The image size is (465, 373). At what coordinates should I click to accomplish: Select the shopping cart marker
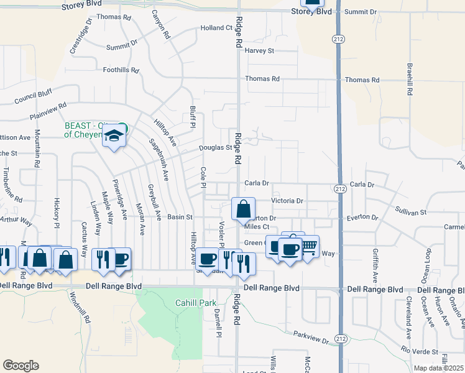308,247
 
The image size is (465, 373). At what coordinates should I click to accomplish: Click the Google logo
21,366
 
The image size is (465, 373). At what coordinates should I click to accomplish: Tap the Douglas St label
215,148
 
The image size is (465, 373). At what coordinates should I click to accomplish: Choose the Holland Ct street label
216,28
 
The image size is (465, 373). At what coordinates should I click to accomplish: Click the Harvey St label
259,51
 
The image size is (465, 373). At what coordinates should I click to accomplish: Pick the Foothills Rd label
121,70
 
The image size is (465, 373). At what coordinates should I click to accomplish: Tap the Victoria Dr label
287,201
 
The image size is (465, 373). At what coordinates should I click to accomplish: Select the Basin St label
181,218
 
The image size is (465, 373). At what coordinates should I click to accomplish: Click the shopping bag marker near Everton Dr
244,209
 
